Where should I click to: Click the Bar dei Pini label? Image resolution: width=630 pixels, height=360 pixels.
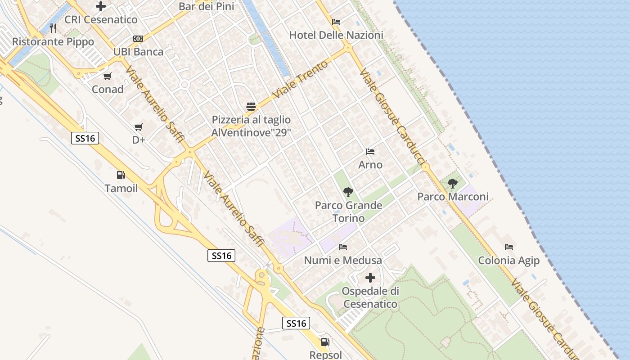click(x=207, y=6)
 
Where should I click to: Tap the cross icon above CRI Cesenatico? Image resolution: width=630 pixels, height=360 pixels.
click(x=101, y=6)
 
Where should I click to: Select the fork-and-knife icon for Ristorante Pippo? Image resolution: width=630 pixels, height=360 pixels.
click(x=53, y=28)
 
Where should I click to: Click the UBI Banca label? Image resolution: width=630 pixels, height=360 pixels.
click(x=138, y=52)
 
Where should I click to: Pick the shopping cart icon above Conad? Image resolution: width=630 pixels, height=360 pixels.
click(x=107, y=76)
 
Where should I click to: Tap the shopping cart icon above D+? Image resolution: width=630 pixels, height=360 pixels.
click(x=139, y=127)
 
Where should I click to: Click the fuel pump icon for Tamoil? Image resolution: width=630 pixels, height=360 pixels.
click(x=121, y=175)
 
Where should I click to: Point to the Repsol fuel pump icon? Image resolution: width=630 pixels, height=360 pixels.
click(x=325, y=342)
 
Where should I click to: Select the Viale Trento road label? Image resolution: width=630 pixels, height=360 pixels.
click(x=300, y=80)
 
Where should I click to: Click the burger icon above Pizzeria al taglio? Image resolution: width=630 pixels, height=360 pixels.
click(x=251, y=107)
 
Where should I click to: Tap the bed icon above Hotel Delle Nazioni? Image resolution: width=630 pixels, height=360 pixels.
click(x=336, y=22)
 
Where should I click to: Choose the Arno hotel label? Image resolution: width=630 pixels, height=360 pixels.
click(x=370, y=165)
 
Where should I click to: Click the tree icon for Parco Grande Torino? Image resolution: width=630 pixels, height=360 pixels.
click(x=348, y=192)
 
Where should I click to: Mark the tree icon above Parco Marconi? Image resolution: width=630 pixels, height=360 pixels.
click(x=453, y=183)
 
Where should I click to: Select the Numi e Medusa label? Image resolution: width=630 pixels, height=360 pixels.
click(x=343, y=260)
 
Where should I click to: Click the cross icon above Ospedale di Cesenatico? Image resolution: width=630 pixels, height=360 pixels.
click(x=370, y=278)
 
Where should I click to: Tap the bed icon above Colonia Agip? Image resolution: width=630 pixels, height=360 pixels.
click(x=509, y=247)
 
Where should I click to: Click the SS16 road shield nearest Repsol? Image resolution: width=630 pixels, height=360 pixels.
click(x=297, y=323)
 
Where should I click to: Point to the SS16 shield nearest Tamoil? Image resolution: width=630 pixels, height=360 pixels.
click(x=85, y=138)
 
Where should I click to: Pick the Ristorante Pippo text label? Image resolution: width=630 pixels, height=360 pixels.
click(x=53, y=42)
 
